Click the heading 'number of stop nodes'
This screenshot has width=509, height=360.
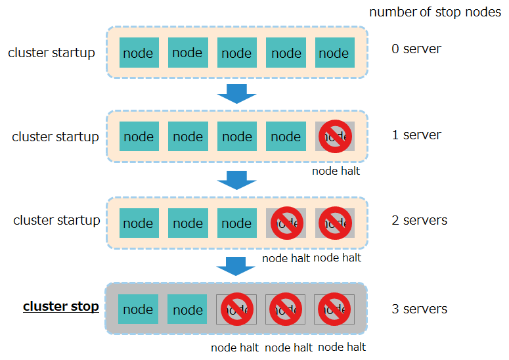pos(435,13)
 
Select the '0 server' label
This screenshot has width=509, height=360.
pos(416,49)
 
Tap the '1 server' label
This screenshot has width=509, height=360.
pos(416,135)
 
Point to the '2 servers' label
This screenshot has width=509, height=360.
pos(419,220)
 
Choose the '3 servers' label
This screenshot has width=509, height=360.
pos(419,309)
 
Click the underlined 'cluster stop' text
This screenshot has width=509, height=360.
pos(61,306)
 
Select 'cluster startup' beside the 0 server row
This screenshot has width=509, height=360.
pos(51,53)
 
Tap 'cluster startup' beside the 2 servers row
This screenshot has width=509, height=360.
pos(56,220)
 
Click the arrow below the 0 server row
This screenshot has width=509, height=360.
pos(236,93)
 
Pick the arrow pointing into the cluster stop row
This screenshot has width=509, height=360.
pos(236,266)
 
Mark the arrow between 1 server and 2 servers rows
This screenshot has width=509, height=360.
pos(236,179)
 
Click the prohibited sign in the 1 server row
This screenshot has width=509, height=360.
pos(335,137)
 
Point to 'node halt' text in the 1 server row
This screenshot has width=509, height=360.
pos(336,171)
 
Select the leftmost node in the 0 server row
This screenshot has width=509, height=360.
pos(139,53)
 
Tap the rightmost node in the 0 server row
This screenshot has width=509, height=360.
pos(334,53)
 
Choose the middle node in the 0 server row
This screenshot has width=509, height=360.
pos(236,53)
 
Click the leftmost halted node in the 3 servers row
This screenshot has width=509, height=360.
pos(236,309)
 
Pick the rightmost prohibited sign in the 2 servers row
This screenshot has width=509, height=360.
pos(335,223)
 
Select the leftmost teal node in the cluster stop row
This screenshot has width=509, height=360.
pos(139,309)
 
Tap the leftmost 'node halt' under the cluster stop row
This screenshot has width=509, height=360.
pos(234,348)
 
